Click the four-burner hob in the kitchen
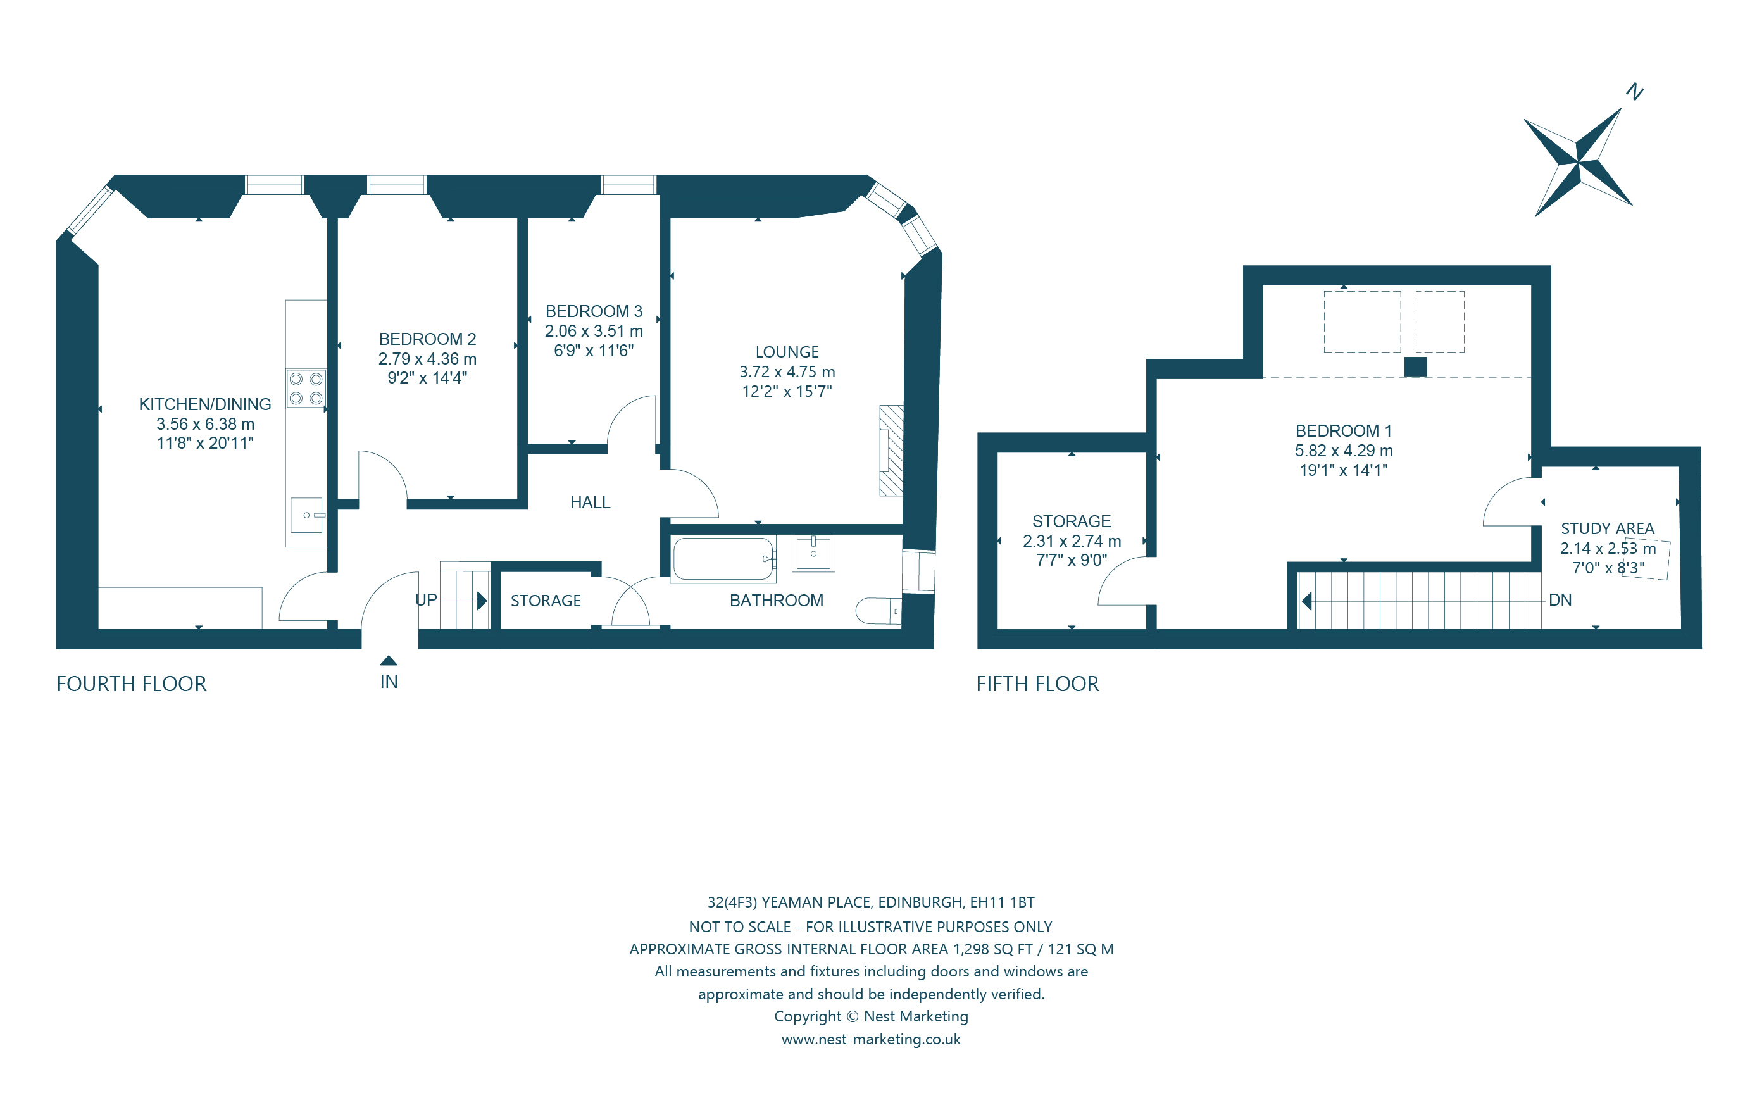306,389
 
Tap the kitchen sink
306,515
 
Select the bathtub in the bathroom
723,558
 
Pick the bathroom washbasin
813,553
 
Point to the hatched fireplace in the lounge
892,450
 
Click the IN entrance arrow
389,661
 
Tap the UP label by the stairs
425,600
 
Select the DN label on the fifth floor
1560,600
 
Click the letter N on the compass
1634,92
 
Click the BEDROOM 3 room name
593,311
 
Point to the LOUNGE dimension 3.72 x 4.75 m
787,372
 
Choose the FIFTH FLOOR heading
1037,684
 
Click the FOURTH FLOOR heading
132,684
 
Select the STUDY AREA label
1607,528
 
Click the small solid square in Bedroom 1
1415,366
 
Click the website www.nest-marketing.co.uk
870,1039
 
